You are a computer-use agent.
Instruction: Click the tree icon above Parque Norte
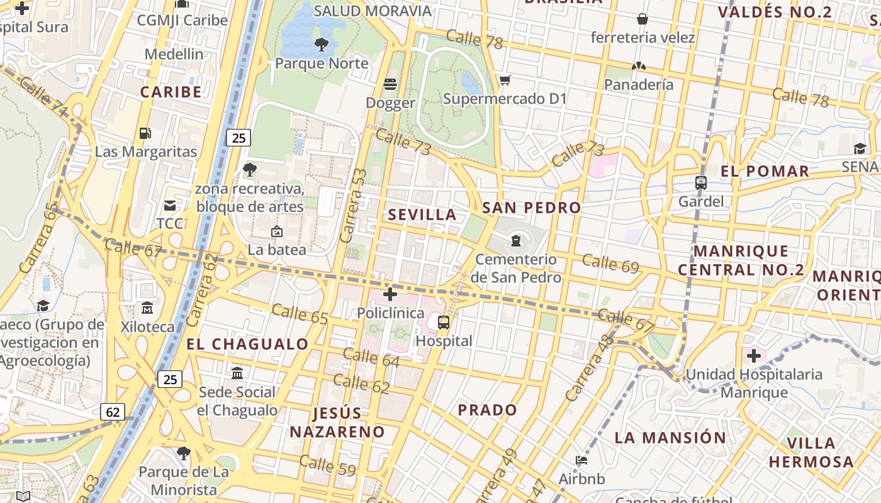coord(321,44)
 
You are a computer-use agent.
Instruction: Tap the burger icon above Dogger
coord(390,84)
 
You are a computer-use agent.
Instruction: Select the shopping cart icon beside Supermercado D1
coord(505,80)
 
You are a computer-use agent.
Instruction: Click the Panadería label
coord(639,84)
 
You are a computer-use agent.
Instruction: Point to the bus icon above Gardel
coord(700,183)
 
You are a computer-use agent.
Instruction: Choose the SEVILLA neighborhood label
coord(422,214)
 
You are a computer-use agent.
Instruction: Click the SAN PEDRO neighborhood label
coord(531,207)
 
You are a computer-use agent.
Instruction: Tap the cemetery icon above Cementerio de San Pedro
coord(516,240)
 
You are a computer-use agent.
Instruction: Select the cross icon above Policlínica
coord(390,294)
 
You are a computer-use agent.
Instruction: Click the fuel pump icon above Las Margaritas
coord(145,133)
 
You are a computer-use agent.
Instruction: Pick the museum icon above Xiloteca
coord(147,308)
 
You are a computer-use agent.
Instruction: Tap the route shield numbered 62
coord(113,412)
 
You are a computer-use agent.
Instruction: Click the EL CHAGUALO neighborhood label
coord(247,344)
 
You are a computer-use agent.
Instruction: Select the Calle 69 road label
coord(610,262)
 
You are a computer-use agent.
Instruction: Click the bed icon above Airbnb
coord(581,461)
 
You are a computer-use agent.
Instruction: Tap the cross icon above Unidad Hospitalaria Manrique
coord(753,357)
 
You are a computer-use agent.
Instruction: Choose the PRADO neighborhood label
coord(487,410)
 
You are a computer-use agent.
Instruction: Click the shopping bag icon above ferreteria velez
coord(643,19)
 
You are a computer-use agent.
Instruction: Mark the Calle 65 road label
coord(300,314)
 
